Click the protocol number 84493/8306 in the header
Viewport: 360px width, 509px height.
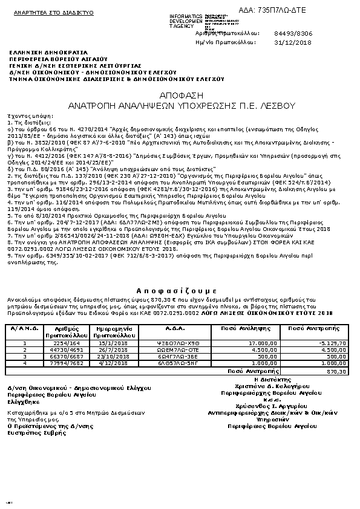point(293,34)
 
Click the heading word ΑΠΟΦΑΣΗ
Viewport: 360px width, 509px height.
point(180,96)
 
